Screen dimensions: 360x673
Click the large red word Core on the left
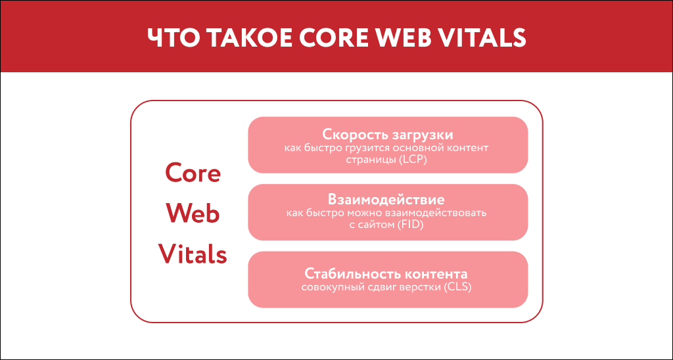193,173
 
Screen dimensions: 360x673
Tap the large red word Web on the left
193,214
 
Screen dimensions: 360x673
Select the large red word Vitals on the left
193,254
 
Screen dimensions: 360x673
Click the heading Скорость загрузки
388,135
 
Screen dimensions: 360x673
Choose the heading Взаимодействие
388,199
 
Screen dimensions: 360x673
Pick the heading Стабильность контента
388,273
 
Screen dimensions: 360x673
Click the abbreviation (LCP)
413,160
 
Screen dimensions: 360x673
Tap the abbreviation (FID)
409,225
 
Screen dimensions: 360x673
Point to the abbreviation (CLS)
458,287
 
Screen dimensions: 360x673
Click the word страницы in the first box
371,160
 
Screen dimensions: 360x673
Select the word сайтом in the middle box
377,225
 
